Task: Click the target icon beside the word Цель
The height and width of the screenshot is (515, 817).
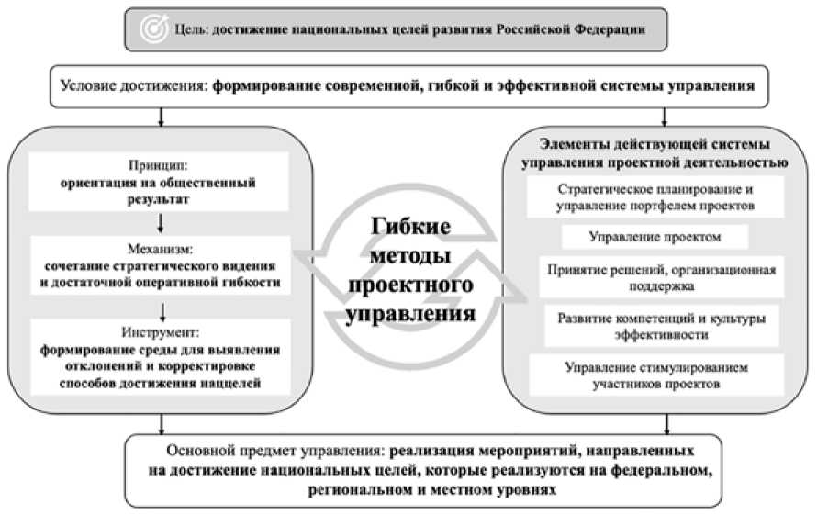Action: [x=150, y=28]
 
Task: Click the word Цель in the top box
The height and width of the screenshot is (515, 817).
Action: [x=191, y=29]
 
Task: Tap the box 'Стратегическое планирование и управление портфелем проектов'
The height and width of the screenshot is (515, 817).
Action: [x=655, y=197]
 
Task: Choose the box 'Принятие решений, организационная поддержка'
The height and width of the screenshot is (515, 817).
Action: [x=654, y=277]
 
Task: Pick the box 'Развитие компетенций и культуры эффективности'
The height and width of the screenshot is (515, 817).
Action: [x=655, y=326]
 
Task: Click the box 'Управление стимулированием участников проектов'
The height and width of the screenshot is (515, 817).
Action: [x=655, y=375]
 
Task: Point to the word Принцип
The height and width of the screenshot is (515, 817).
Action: [x=159, y=166]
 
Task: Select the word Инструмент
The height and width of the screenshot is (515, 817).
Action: [x=160, y=332]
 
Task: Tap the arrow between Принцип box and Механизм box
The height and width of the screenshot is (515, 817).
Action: [x=160, y=222]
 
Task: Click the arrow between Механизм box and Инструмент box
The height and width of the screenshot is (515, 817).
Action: [x=160, y=307]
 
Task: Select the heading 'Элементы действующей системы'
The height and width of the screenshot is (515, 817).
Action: [x=653, y=146]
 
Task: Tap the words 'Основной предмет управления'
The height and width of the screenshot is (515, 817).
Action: [x=275, y=452]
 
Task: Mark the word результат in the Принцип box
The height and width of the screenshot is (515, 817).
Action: [x=160, y=198]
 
